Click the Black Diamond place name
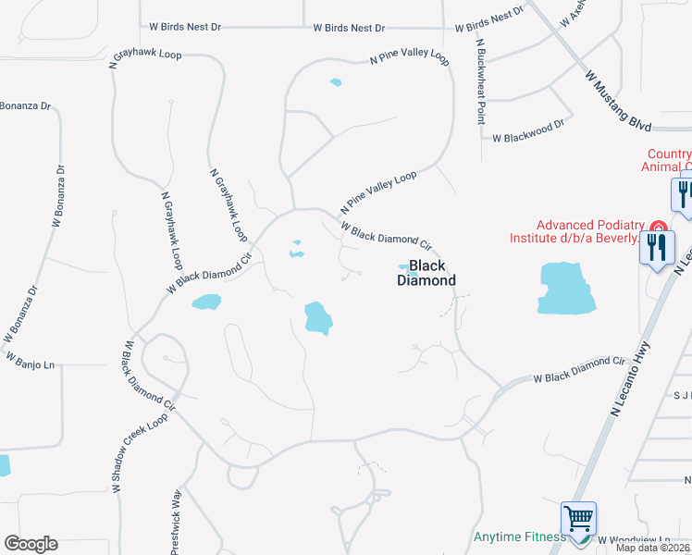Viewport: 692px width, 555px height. [x=427, y=273]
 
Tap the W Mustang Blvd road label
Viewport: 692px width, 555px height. [x=619, y=101]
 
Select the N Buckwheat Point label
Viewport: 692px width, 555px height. [x=481, y=80]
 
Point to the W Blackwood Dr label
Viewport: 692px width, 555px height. [x=528, y=138]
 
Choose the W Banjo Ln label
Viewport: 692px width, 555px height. [x=30, y=361]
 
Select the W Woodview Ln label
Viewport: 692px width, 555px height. [x=634, y=539]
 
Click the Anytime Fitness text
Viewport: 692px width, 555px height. [x=519, y=536]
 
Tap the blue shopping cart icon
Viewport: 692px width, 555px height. [x=578, y=518]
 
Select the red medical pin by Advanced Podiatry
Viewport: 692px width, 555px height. [x=658, y=228]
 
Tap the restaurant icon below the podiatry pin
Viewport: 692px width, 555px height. [x=657, y=248]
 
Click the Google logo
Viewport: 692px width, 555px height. [x=31, y=544]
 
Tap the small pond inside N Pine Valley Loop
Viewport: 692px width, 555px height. [x=335, y=82]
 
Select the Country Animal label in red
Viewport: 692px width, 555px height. [x=667, y=161]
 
